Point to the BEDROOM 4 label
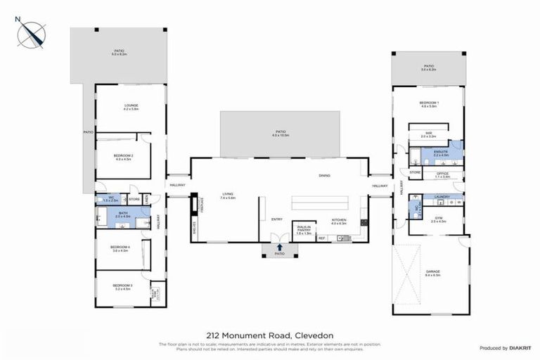point(120,247)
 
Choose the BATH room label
point(123,214)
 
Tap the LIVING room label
point(227,196)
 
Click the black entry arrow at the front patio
point(281,247)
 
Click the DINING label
point(324,176)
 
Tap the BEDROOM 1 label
point(429,105)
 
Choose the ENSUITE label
point(442,153)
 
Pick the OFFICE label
point(442,174)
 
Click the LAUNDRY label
point(442,197)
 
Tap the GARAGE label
point(432,274)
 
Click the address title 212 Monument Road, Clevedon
point(269,335)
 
